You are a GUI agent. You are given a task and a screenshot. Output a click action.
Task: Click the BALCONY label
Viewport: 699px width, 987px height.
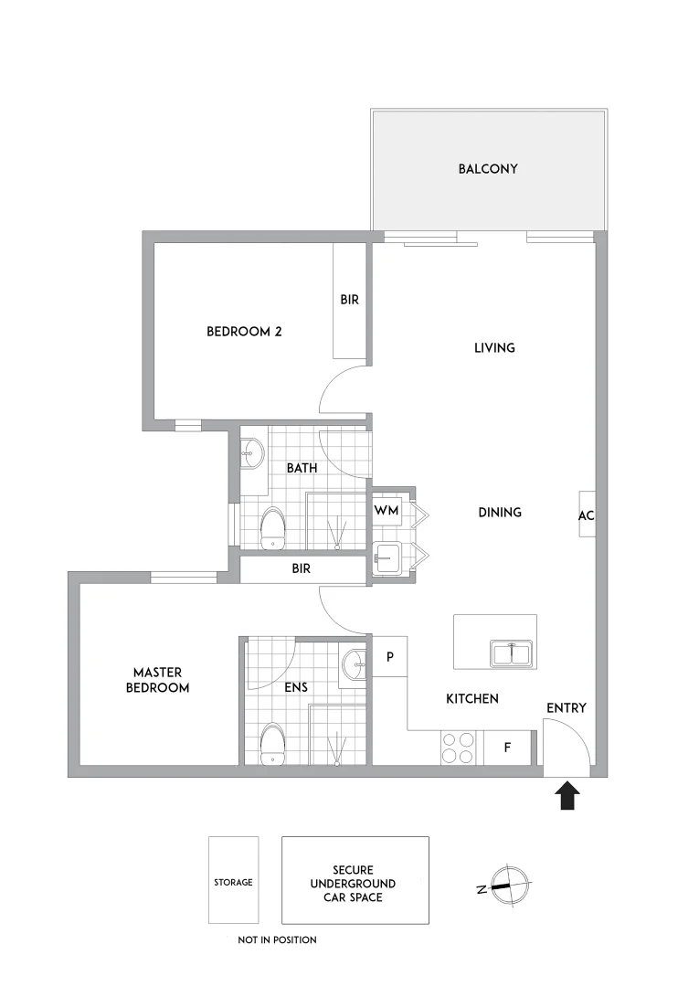[x=488, y=169]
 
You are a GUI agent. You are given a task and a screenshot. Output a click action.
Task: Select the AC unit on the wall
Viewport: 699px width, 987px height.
[x=586, y=515]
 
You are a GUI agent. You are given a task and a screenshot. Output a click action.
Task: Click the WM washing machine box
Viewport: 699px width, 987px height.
[x=387, y=511]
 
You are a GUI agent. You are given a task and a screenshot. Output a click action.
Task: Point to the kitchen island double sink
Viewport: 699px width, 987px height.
[x=512, y=654]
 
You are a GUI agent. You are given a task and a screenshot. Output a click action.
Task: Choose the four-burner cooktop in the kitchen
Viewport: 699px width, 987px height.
[x=459, y=748]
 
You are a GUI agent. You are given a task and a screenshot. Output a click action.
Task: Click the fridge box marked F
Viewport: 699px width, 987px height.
[x=508, y=748]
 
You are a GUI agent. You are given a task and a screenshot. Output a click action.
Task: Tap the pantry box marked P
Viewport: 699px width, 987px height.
[x=390, y=657]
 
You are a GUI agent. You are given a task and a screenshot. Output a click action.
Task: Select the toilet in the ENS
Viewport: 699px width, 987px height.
[x=272, y=745]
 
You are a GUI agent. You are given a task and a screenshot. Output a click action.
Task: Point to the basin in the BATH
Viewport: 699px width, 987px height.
[x=252, y=451]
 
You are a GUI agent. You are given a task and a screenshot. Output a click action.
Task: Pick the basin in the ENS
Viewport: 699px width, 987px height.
[x=354, y=664]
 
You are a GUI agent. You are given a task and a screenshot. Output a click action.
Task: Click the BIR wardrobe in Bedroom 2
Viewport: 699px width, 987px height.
[x=349, y=301]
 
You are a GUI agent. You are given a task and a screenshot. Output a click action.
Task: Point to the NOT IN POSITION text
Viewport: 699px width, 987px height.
[x=277, y=939]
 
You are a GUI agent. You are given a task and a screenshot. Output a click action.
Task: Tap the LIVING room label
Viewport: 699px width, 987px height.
[x=494, y=347]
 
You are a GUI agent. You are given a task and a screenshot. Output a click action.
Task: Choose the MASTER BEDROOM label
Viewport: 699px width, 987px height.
[x=157, y=680]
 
